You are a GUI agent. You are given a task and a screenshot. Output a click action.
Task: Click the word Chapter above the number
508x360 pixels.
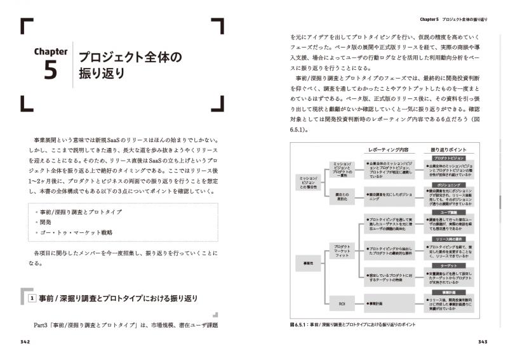(x=50, y=51)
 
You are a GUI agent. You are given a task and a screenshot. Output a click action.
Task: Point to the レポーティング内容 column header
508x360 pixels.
(x=388, y=150)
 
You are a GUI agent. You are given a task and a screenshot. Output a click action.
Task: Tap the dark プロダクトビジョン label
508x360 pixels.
(x=451, y=159)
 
